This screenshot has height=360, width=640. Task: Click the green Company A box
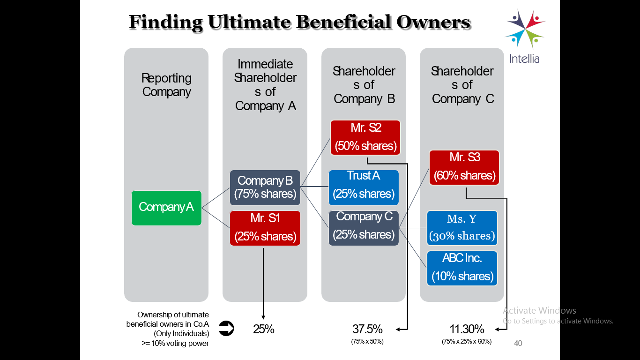[x=166, y=208]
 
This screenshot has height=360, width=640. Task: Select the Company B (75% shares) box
[x=265, y=187]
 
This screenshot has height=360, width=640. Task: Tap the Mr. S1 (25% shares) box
[x=265, y=228]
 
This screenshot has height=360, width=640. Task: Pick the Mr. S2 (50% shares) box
[x=365, y=137]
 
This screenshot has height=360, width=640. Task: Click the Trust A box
[x=364, y=187]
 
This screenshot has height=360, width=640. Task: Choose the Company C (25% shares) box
[x=364, y=228]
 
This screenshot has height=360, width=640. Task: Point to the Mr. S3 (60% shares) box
[x=464, y=167]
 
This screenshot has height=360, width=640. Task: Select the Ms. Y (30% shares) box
[x=462, y=228]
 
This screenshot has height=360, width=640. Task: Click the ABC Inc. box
[x=462, y=268]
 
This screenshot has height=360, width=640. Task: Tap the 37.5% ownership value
[x=367, y=329]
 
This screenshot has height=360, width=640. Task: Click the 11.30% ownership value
[x=467, y=329]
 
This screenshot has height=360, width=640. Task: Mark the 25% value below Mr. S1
[x=263, y=329]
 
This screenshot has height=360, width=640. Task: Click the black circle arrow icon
[x=226, y=328]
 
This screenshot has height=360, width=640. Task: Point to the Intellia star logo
[x=525, y=29]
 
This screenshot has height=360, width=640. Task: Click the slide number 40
[x=518, y=343]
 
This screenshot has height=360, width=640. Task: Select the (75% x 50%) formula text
[x=367, y=341]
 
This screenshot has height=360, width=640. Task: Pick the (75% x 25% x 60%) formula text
[x=467, y=341]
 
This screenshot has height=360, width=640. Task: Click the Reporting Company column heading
[x=167, y=85]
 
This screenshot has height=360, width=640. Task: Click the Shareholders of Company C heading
[x=462, y=85]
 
